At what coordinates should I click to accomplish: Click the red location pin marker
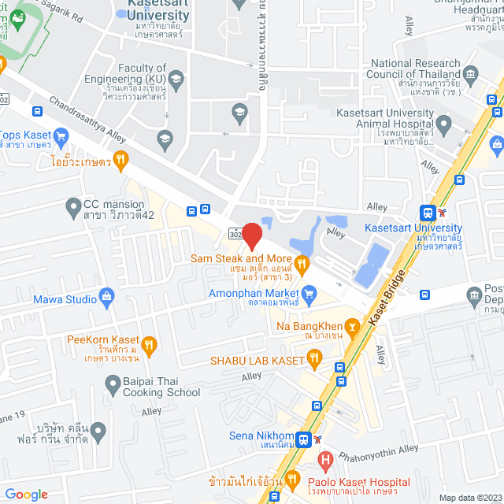click(252, 235)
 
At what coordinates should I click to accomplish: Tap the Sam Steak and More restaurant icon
click(300, 261)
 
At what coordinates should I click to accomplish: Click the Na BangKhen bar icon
click(353, 324)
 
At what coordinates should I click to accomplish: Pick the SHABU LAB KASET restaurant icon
click(314, 360)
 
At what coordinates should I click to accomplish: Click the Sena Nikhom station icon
click(303, 439)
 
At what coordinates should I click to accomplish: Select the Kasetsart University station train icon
click(428, 213)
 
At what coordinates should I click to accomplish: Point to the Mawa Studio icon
click(108, 298)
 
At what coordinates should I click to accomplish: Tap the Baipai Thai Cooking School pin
click(113, 384)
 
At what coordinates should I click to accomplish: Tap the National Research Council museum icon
click(472, 75)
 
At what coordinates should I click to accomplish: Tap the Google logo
click(26, 494)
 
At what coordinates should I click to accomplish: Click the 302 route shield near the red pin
click(236, 234)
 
